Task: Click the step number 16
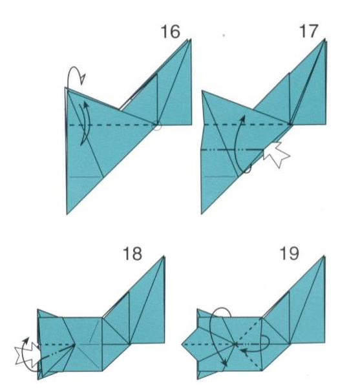tap(171, 32)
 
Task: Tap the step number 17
tap(309, 31)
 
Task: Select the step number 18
tap(132, 254)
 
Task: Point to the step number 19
tap(290, 254)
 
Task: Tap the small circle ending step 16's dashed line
tap(157, 126)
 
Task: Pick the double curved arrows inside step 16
tap(85, 123)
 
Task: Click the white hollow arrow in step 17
tap(276, 154)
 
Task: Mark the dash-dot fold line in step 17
tap(232, 150)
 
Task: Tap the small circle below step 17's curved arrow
tap(247, 169)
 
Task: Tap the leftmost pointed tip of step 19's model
tap(182, 345)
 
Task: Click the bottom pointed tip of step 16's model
tap(67, 214)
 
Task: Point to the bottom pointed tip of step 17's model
tap(202, 214)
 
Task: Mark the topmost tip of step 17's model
tap(325, 39)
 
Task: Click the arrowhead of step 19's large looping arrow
tap(225, 363)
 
